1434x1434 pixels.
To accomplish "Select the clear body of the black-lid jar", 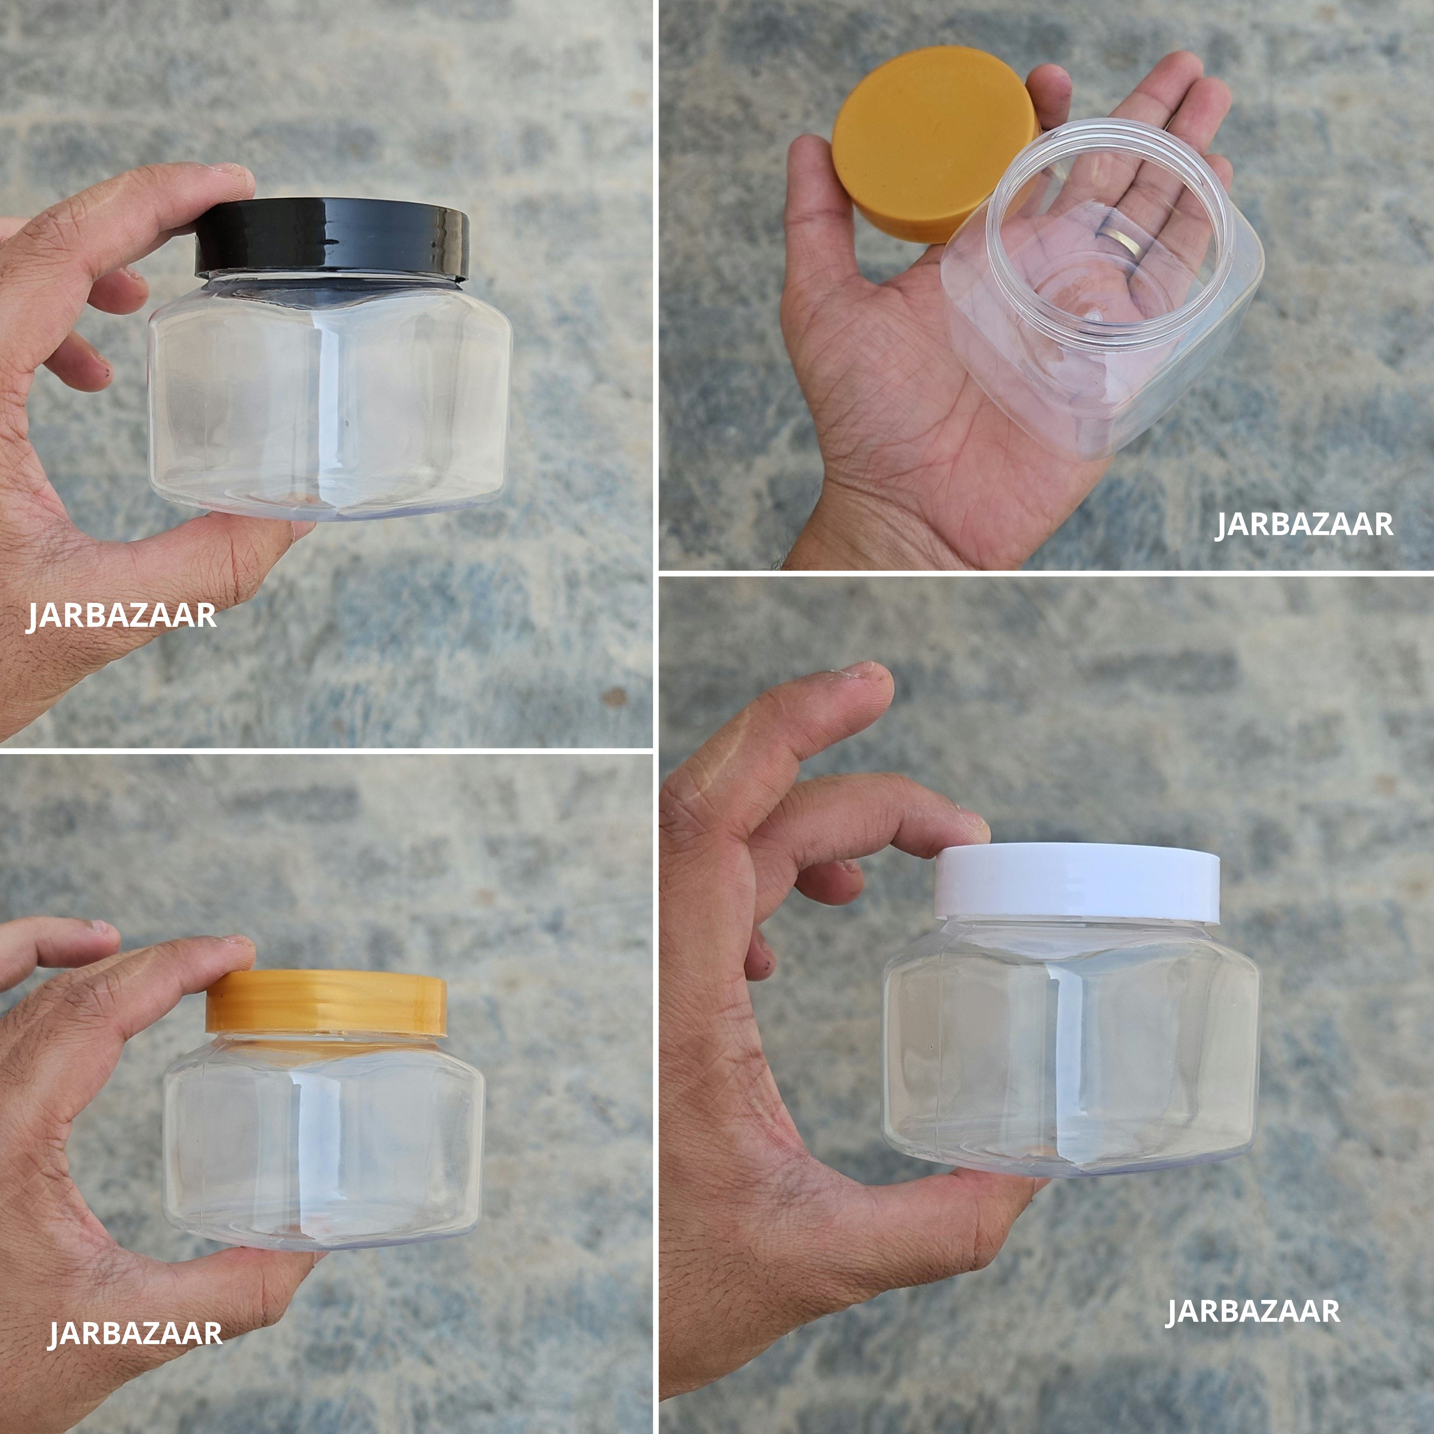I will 327,401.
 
